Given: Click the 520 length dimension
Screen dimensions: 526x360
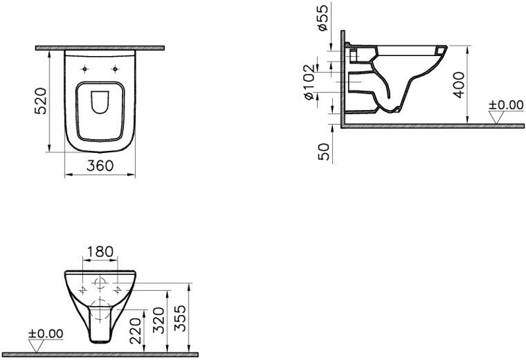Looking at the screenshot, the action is point(41,101).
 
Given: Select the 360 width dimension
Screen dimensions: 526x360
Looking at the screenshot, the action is point(100,165).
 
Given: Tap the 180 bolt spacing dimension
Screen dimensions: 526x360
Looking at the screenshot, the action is point(100,252).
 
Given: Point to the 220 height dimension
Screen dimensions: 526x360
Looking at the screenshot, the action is point(136,331).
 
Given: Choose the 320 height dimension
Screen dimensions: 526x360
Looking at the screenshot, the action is point(158,320).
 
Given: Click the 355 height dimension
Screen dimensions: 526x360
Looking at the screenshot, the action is point(180,318).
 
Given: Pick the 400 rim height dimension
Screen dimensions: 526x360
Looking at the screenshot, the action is point(459,85).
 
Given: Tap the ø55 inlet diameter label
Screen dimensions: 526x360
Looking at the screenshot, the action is point(322,18).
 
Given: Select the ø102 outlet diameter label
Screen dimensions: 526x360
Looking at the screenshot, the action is point(309,82).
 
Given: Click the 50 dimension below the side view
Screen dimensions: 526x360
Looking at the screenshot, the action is point(324,152).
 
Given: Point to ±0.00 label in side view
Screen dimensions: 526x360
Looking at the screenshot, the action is point(506,105).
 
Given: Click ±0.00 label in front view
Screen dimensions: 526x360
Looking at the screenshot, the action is point(45,334).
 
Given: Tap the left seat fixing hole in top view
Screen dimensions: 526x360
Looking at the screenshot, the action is point(84,69).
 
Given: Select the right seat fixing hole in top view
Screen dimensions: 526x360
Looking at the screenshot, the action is point(115,69).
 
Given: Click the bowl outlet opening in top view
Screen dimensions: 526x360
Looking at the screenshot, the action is point(100,102).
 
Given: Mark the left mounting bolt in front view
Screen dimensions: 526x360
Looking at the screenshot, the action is point(83,290).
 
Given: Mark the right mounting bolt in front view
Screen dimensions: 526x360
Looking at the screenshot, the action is point(117,290).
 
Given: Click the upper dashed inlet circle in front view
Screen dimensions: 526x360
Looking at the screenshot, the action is point(100,284).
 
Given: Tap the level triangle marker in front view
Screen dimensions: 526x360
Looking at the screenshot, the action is point(36,346).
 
